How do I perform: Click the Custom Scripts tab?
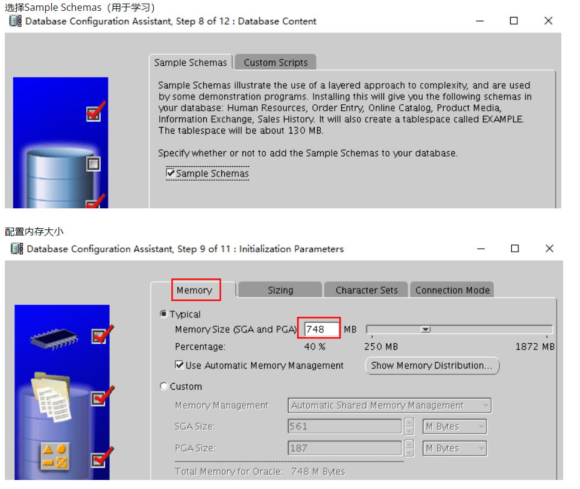pos(275,63)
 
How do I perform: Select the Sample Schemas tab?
pos(191,63)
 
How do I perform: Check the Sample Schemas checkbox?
pos(171,173)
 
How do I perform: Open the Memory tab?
pos(195,290)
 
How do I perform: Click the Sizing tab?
pos(280,290)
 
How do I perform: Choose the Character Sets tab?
pos(366,290)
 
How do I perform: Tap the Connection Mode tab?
pos(452,290)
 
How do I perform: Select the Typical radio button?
pos(163,314)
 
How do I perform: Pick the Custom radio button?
pos(163,387)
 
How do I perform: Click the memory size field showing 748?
pos(321,329)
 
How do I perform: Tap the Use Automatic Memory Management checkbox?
pos(180,365)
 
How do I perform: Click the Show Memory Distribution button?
pos(432,366)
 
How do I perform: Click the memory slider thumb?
pos(426,329)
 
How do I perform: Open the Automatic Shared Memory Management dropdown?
pos(389,405)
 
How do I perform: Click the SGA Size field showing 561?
pos(345,426)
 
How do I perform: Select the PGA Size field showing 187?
pos(345,448)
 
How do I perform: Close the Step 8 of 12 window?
pos(548,20)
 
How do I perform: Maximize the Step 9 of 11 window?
pos(514,248)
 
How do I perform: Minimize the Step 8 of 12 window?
pos(480,21)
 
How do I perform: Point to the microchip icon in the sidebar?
pos(54,338)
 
